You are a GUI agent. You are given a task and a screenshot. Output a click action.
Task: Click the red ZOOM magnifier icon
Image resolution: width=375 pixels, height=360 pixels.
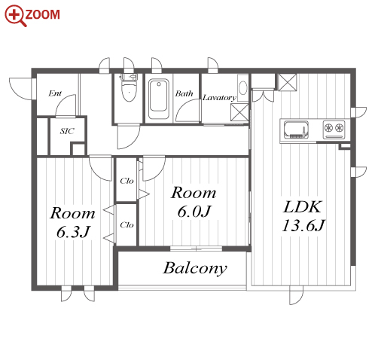click(x=15, y=16)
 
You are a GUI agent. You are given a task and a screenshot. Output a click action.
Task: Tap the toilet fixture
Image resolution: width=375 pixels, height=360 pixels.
click(x=129, y=87)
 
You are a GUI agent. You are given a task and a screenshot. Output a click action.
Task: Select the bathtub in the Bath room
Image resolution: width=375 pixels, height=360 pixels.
click(x=158, y=99)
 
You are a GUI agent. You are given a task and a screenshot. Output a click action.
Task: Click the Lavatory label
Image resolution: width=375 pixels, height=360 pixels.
click(x=219, y=98)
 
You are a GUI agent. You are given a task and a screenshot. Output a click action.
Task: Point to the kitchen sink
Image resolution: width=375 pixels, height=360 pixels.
click(x=296, y=130)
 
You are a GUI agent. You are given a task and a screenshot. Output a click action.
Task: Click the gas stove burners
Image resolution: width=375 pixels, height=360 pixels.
click(x=334, y=129)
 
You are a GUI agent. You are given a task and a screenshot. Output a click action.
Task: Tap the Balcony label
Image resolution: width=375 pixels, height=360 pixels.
click(x=195, y=268)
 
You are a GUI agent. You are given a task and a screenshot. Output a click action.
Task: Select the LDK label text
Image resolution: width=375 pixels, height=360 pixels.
click(x=303, y=207)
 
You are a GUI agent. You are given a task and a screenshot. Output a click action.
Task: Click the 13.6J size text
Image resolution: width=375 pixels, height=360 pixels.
click(x=303, y=225)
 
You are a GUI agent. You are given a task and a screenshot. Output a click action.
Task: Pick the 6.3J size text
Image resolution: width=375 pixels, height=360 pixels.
click(x=73, y=232)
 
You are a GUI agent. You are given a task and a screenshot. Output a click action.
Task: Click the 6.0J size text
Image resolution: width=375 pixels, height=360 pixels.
click(x=194, y=212)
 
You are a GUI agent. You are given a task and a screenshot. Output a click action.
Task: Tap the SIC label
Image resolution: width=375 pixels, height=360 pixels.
click(x=67, y=131)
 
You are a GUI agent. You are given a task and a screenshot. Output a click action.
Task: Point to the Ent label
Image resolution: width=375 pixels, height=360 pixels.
click(x=55, y=93)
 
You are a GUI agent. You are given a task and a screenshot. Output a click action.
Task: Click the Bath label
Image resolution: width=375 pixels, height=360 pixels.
click(x=184, y=93)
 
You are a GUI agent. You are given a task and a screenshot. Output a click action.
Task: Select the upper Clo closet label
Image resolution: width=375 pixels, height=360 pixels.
click(x=127, y=181)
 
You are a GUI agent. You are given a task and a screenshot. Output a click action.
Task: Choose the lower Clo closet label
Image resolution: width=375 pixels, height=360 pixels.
click(x=127, y=225)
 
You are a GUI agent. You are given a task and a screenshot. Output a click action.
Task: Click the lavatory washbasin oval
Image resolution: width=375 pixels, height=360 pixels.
click(x=242, y=88)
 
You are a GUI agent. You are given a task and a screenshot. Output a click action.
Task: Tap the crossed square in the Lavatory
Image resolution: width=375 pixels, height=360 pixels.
click(x=239, y=112)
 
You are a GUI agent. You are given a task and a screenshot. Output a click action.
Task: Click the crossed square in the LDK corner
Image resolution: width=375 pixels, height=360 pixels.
click(x=288, y=82)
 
